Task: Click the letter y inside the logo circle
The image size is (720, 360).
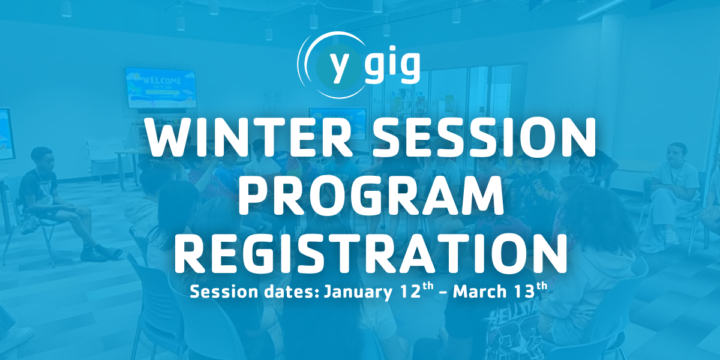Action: click(339, 66)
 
